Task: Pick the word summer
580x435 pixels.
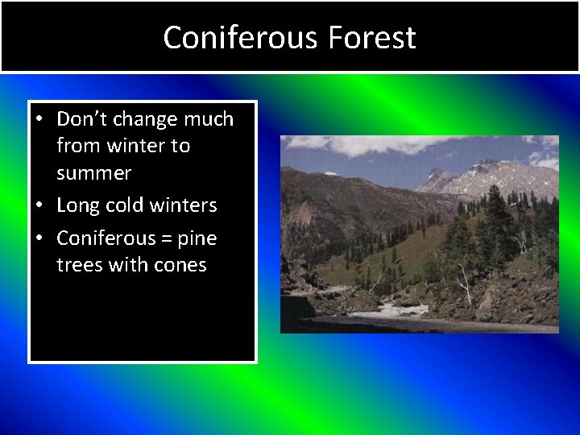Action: click(93, 173)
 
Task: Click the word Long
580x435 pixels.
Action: click(77, 205)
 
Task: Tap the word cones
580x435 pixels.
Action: click(179, 265)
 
